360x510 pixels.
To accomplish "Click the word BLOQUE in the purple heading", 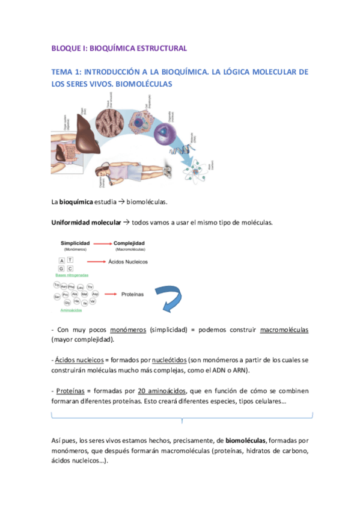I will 65,48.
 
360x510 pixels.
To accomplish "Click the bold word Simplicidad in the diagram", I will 75,243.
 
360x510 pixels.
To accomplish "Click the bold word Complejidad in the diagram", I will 132,243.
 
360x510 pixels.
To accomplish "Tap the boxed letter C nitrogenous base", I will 70,268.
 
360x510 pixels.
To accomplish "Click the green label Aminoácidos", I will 72,311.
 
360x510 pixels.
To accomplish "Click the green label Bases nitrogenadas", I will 72,275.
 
